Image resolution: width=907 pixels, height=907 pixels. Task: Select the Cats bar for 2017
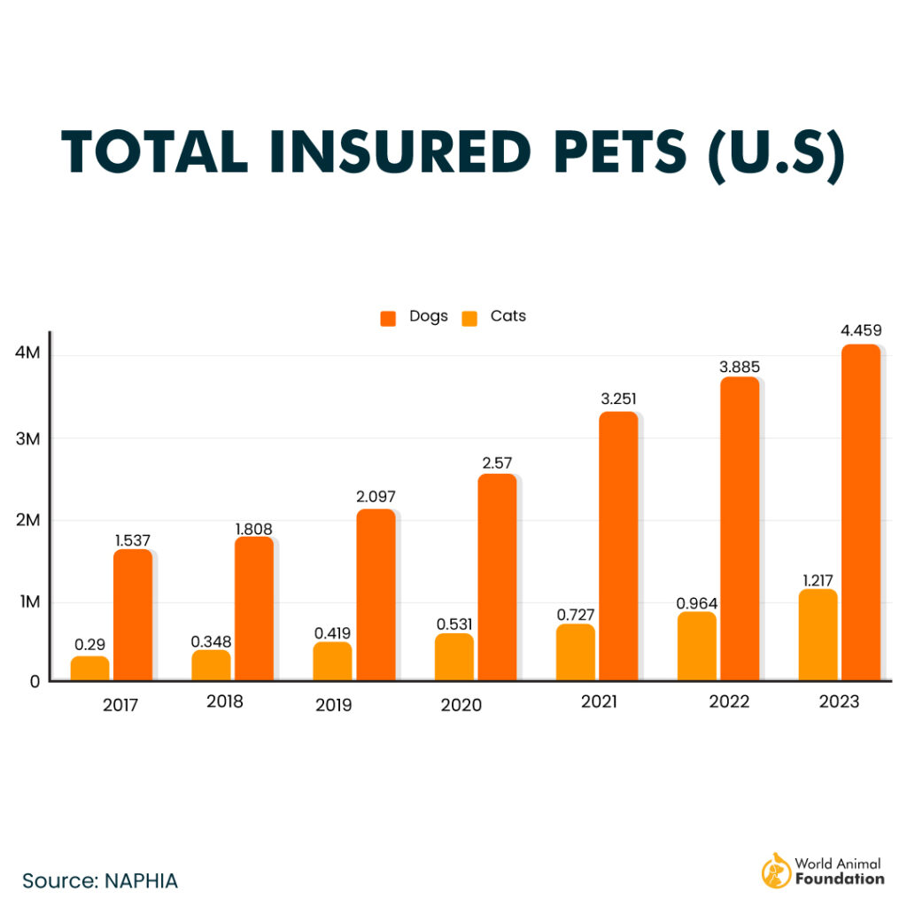pyautogui.click(x=89, y=668)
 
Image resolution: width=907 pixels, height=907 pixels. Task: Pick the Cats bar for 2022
pyautogui.click(x=697, y=646)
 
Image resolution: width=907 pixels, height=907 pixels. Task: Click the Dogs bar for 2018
pyautogui.click(x=253, y=608)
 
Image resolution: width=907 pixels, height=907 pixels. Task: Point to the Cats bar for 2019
pyautogui.click(x=332, y=661)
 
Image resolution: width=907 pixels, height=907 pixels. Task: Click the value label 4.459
pyautogui.click(x=860, y=330)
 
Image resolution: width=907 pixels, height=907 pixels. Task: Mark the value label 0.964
pyautogui.click(x=696, y=603)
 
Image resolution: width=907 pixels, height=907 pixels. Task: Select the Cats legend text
pyautogui.click(x=508, y=316)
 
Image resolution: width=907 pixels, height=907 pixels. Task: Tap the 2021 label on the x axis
pyautogui.click(x=600, y=702)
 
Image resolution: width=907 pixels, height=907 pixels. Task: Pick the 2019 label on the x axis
pyautogui.click(x=333, y=705)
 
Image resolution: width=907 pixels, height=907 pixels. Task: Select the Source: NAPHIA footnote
pyautogui.click(x=100, y=880)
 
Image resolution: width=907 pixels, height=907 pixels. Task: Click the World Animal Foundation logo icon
pyautogui.click(x=776, y=872)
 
